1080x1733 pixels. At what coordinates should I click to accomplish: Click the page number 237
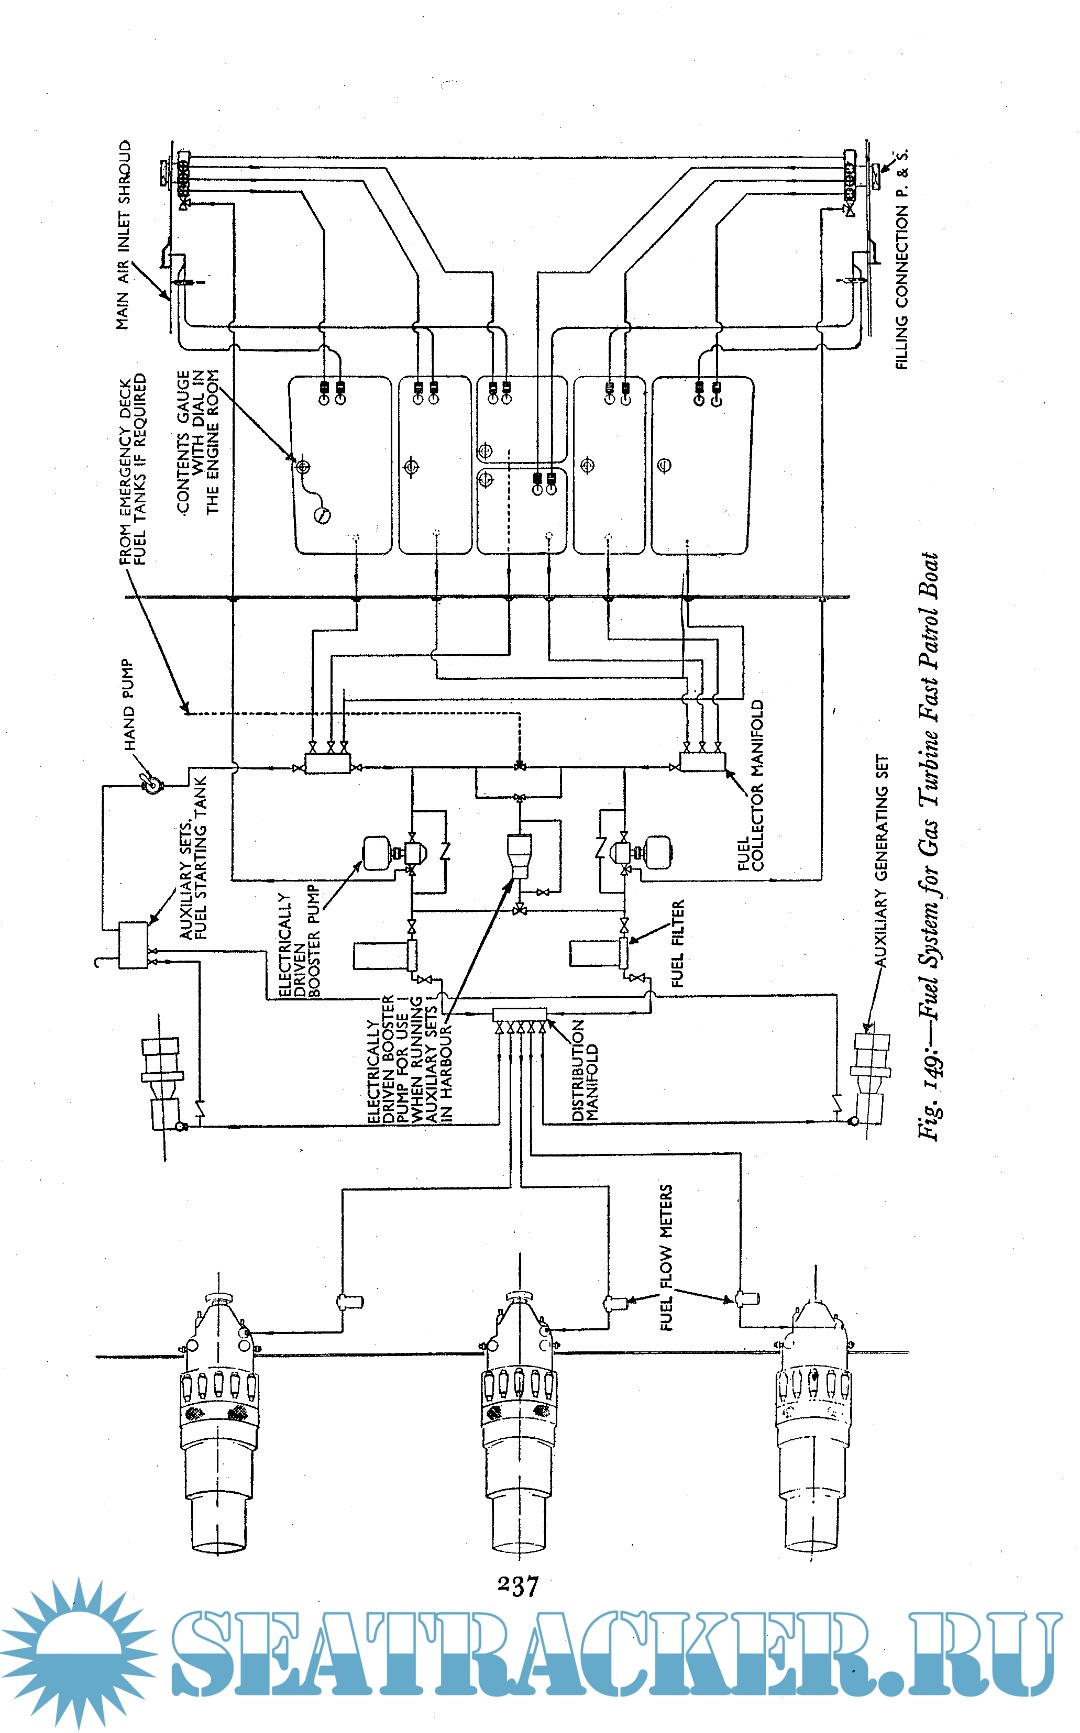(517, 1586)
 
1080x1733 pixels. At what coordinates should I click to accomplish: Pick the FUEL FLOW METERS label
(666, 1257)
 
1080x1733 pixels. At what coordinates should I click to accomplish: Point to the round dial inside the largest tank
(322, 515)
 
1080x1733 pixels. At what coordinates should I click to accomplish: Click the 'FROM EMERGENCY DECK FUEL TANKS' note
(133, 469)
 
